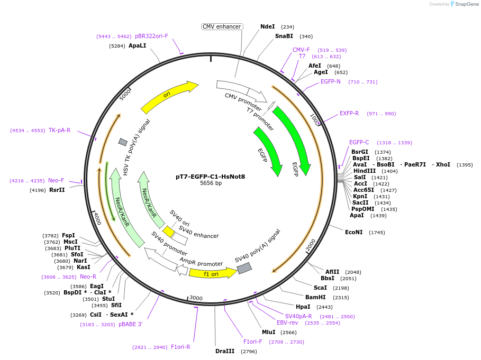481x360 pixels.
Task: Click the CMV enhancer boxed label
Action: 222,26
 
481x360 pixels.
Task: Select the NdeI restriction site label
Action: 268,26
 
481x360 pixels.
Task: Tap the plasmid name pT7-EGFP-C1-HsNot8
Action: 210,177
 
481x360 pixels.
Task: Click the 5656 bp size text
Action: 210,183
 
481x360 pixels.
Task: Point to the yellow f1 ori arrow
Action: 212,273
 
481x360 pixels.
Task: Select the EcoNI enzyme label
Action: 354,232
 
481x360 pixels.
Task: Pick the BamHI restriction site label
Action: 315,297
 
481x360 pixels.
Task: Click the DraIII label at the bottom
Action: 225,351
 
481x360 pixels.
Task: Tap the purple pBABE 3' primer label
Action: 131,324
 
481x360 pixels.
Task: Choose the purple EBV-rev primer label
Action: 287,322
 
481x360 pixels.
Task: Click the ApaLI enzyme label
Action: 138,46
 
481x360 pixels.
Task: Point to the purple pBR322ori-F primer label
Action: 151,36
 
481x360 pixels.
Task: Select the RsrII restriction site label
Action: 57,190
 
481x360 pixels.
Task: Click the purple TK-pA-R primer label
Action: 59,130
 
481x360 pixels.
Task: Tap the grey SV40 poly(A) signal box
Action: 244,269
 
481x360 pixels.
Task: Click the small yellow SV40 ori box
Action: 169,232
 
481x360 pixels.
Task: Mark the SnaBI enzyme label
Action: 284,36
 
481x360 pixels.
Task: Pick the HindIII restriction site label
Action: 365,171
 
